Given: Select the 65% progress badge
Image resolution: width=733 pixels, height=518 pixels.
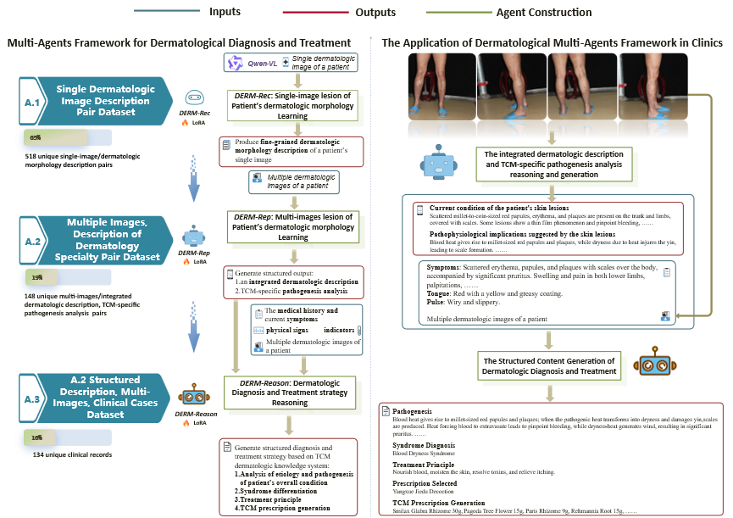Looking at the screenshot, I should coord(36,137).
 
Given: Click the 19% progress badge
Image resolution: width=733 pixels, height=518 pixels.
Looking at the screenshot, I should coord(37,276).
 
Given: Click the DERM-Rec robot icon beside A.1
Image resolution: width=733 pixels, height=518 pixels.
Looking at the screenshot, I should coord(194,98).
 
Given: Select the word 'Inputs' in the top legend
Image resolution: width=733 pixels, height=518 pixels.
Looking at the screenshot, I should coord(225,13).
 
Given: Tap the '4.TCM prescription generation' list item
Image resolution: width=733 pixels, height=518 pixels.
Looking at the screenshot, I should coord(283,508).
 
